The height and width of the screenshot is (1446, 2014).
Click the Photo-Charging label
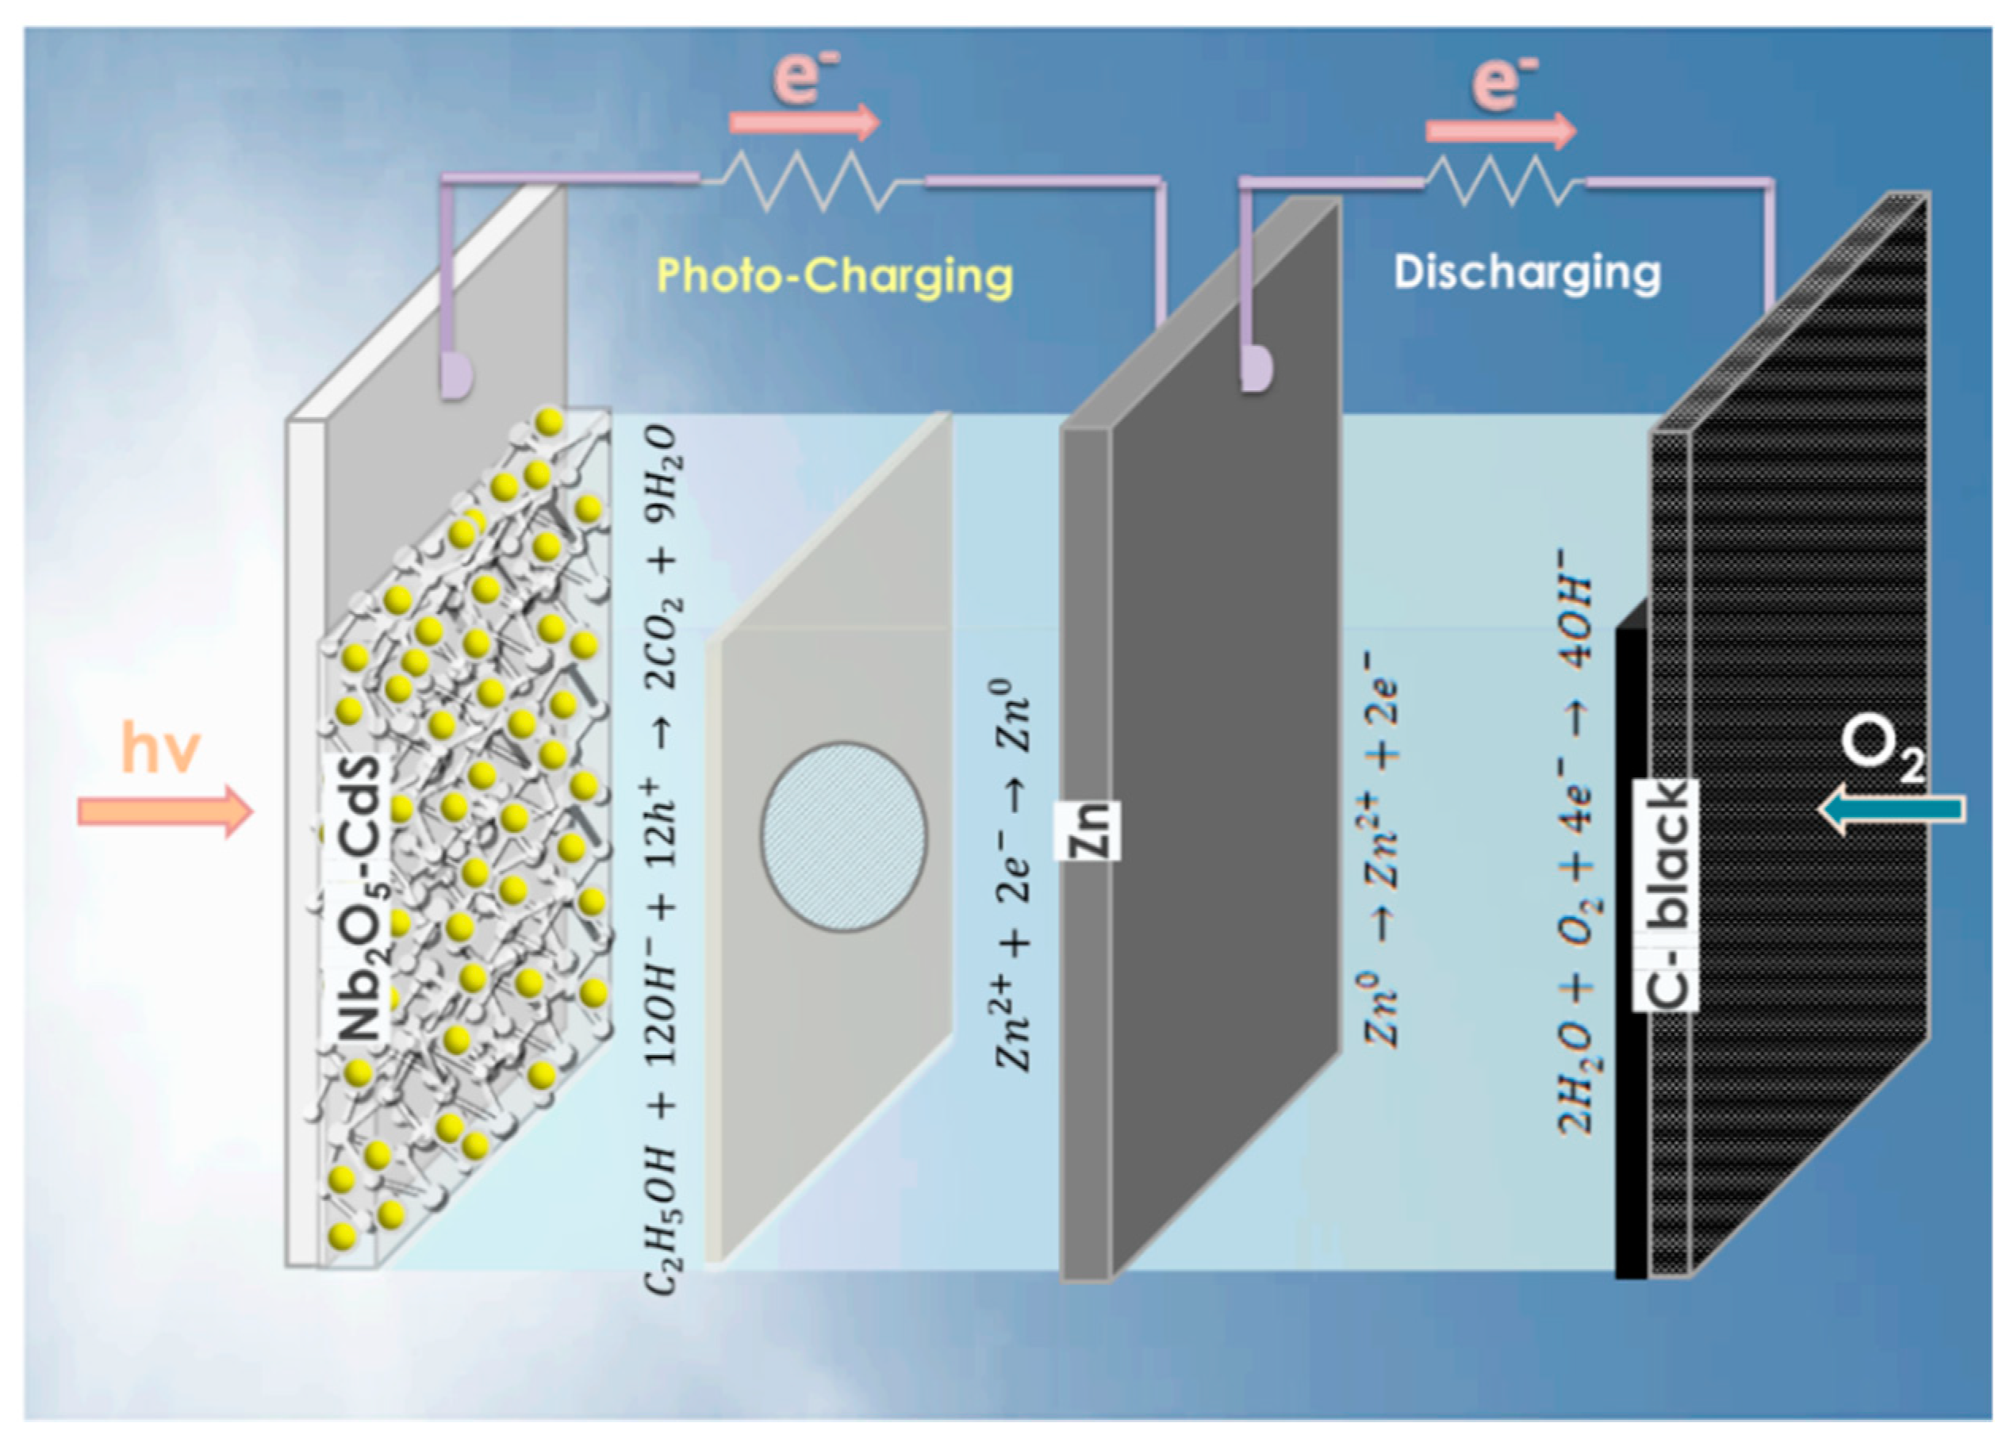click(x=834, y=276)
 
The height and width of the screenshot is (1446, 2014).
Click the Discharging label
click(x=1526, y=272)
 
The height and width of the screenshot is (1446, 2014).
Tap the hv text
click(x=161, y=749)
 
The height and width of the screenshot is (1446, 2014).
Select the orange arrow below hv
click(x=165, y=811)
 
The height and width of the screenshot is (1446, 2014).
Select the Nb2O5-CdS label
click(x=359, y=897)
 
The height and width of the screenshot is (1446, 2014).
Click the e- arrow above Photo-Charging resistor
click(x=804, y=123)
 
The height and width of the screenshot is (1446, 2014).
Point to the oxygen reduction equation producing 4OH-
click(x=1576, y=853)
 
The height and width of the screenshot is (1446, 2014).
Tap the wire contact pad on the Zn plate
click(x=1256, y=368)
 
